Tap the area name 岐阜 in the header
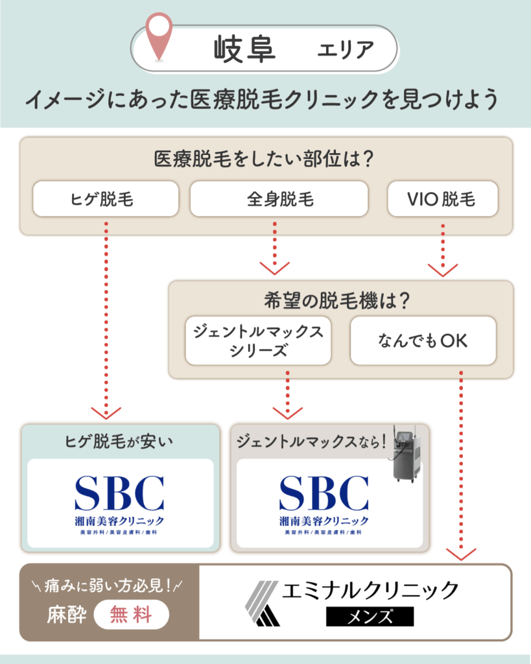[x=244, y=49]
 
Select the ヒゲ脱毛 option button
[x=106, y=198]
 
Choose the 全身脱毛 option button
[x=279, y=198]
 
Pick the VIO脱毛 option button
[x=442, y=198]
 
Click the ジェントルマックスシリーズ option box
[x=258, y=340]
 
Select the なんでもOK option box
[x=423, y=340]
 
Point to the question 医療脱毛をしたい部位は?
[x=266, y=159]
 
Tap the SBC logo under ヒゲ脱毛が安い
[x=119, y=503]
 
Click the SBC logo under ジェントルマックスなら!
[x=324, y=503]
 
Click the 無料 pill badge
[x=132, y=614]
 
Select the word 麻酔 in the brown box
[x=66, y=615]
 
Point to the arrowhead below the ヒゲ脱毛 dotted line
[x=106, y=412]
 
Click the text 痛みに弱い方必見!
[x=108, y=587]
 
